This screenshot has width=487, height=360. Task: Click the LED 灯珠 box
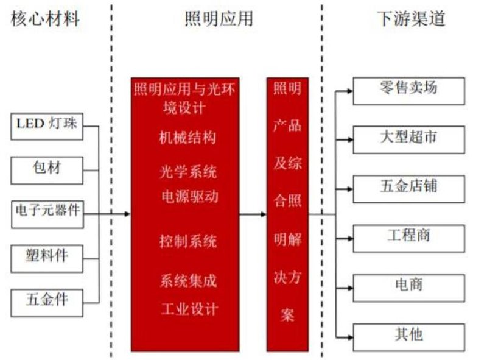point(47,125)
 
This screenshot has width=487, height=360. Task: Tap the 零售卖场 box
point(408,90)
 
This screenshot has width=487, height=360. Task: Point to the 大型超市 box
point(408,139)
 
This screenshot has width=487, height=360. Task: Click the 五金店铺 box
point(408,188)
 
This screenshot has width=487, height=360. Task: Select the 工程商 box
point(408,238)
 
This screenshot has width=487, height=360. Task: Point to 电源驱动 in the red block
point(189,197)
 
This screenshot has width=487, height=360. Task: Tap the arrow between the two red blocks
point(253,214)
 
